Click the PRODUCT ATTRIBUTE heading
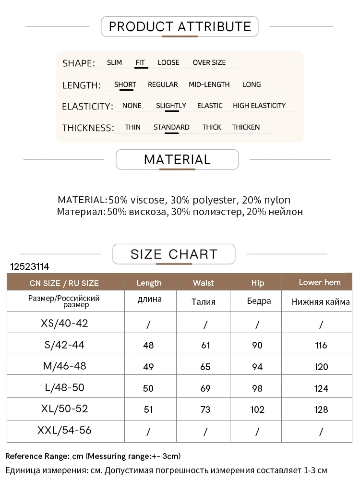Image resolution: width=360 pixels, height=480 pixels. click(x=180, y=26)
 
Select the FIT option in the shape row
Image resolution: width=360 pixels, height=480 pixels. click(x=140, y=62)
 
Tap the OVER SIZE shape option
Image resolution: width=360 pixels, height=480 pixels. click(x=209, y=62)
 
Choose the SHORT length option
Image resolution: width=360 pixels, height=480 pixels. click(x=125, y=84)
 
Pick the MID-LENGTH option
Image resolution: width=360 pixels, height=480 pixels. click(x=209, y=84)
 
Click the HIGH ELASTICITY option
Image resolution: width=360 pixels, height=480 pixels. click(x=259, y=106)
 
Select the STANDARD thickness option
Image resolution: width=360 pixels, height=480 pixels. click(x=171, y=127)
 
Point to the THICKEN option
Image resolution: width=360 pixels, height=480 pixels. click(x=246, y=127)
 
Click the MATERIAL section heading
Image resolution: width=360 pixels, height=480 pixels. click(x=177, y=159)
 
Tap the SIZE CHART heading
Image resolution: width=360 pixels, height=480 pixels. click(x=174, y=254)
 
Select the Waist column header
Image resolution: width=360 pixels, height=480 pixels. click(x=203, y=283)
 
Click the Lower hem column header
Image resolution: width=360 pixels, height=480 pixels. click(x=319, y=282)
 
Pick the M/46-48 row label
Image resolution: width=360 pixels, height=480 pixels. click(x=65, y=366)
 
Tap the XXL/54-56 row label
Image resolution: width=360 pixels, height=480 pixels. click(x=65, y=431)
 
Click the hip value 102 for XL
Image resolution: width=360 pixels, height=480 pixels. click(x=257, y=409)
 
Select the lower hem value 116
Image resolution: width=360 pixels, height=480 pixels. click(x=321, y=345)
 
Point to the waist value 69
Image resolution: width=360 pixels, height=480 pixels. click(x=205, y=388)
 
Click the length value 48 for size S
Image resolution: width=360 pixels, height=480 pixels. click(x=148, y=345)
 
